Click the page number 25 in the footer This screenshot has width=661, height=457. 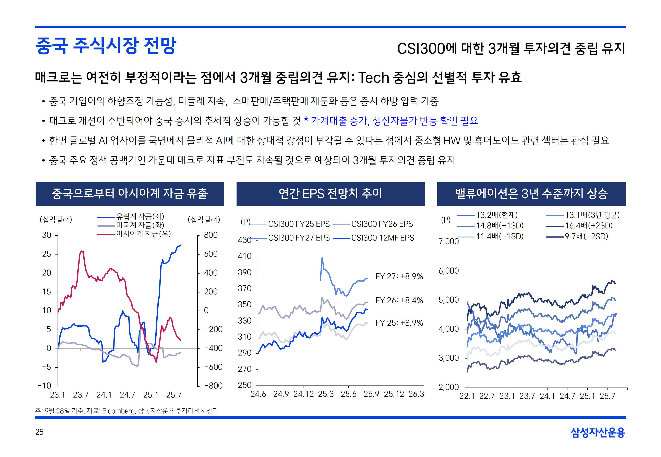(x=39, y=432)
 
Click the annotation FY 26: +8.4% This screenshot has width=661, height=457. (x=399, y=300)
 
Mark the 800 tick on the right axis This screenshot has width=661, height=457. (x=211, y=235)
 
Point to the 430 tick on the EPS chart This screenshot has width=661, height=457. (x=244, y=240)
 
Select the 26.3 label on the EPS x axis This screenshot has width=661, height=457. (x=416, y=394)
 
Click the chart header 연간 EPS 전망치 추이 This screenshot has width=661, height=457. (x=330, y=194)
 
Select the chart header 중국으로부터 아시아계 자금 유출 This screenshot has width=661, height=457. (x=130, y=194)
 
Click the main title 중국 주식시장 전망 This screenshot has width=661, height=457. (x=106, y=46)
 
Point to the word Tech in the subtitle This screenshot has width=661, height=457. (x=373, y=78)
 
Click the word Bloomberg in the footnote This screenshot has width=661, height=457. (x=118, y=411)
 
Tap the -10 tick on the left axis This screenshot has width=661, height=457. (x=44, y=386)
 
